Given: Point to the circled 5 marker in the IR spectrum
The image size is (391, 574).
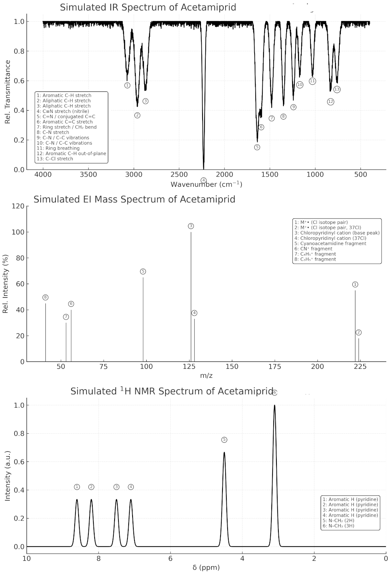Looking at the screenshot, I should [257, 147].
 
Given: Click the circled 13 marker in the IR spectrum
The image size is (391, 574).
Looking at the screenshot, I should [337, 89].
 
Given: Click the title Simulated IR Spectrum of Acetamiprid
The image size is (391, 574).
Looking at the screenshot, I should [148, 7].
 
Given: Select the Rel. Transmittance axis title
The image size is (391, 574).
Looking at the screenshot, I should [7, 92].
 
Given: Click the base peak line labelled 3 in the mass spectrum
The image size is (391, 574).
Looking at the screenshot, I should [191, 297].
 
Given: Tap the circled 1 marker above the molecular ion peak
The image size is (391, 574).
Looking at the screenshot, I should [355, 284].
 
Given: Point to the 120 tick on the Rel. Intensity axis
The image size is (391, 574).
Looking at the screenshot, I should [20, 206].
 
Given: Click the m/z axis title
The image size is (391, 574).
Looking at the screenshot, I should [206, 376].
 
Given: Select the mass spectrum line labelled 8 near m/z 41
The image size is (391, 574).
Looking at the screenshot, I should [46, 332].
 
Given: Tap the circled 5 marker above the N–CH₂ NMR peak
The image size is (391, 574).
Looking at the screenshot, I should [224, 440].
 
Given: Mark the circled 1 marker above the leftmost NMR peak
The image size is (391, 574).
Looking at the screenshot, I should [77, 487].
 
